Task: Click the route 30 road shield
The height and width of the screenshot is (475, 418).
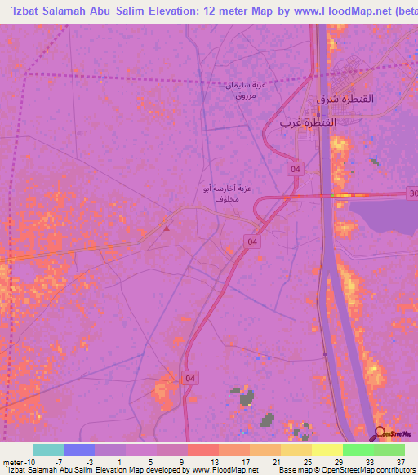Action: [411, 193]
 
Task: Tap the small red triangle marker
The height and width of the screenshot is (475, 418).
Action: [167, 228]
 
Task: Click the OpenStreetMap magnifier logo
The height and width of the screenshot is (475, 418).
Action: [380, 433]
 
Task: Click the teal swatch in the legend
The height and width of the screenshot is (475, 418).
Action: [48, 450]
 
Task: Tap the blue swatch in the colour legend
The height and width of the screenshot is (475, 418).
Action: [79, 450]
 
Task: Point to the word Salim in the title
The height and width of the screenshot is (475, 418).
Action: [118, 10]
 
